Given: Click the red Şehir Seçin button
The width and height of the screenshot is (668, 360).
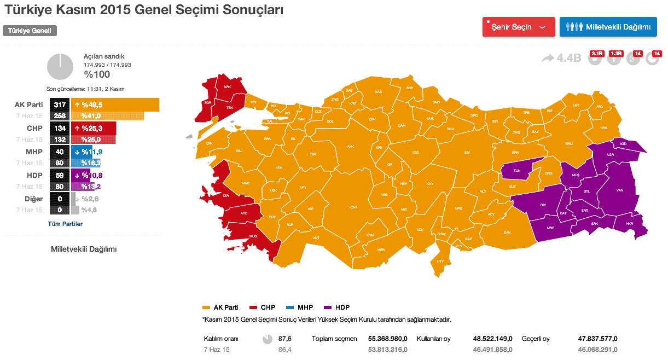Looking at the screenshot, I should pyautogui.click(x=519, y=27).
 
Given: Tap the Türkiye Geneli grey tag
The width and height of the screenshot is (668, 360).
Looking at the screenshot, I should pyautogui.click(x=30, y=31).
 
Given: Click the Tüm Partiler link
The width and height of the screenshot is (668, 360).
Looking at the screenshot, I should pyautogui.click(x=65, y=224).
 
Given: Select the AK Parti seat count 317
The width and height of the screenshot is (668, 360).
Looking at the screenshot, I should pyautogui.click(x=60, y=104).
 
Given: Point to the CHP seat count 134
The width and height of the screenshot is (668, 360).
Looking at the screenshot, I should pyautogui.click(x=60, y=128).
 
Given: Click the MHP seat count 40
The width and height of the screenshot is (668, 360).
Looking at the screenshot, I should pyautogui.click(x=60, y=152).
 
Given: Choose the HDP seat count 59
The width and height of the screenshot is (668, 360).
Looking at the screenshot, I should pyautogui.click(x=60, y=175).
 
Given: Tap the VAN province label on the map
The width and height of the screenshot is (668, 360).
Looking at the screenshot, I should pyautogui.click(x=620, y=190).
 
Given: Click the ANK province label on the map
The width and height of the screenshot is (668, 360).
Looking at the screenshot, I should pyautogui.click(x=351, y=146).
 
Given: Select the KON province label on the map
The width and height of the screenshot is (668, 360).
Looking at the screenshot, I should pyautogui.click(x=353, y=207).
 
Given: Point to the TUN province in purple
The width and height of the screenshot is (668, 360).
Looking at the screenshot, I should pyautogui.click(x=517, y=171).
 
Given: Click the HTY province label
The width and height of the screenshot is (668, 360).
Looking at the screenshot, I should pyautogui.click(x=440, y=261).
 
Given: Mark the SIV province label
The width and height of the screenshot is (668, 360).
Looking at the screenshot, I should pyautogui.click(x=467, y=152).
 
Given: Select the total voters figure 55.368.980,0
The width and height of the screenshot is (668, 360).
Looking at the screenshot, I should pyautogui.click(x=383, y=339).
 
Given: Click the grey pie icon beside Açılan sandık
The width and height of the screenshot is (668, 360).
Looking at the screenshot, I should pyautogui.click(x=60, y=67).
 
